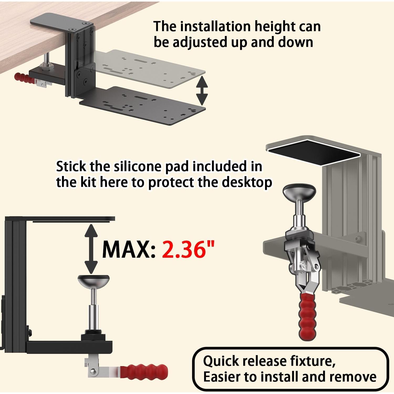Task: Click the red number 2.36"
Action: (x=188, y=249)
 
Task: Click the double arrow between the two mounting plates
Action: (x=202, y=91)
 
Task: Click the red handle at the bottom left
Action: (x=144, y=372)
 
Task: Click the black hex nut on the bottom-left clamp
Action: (x=93, y=337)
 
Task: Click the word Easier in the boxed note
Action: (x=222, y=377)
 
